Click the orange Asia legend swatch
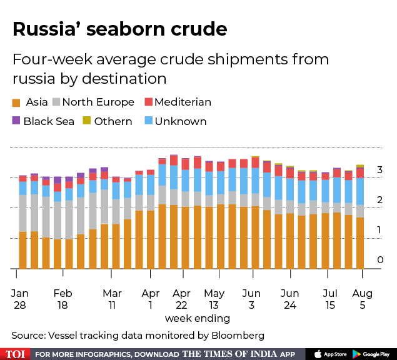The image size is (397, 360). (16, 102)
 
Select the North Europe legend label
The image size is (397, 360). (98, 102)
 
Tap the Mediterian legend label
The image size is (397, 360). (183, 102)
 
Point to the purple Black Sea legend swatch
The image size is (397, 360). (16, 121)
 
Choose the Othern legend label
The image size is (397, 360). (113, 121)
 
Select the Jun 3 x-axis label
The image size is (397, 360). (251, 299)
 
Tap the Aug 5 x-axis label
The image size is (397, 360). (363, 299)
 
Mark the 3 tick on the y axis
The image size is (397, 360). (379, 170)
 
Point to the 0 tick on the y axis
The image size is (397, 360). (379, 260)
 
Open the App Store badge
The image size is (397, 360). (330, 353)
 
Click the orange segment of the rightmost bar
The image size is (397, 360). (360, 244)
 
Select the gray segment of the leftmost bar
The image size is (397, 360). (23, 213)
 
